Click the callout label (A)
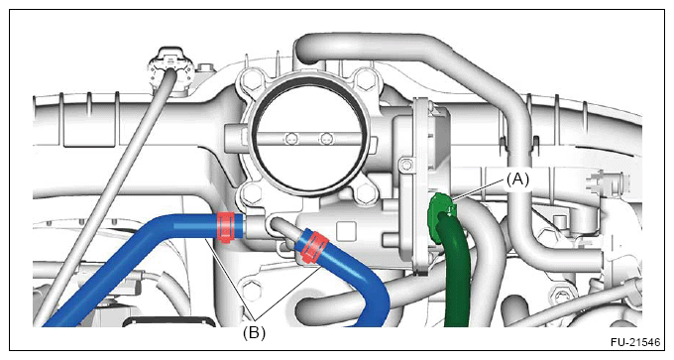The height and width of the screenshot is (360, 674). click(x=517, y=180)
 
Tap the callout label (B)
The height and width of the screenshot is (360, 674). click(x=254, y=332)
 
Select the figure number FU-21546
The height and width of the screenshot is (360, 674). click(x=635, y=342)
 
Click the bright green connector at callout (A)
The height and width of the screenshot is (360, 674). click(x=440, y=209)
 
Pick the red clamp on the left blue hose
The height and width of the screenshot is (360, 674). click(x=225, y=227)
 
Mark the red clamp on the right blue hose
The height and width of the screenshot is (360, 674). click(x=313, y=247)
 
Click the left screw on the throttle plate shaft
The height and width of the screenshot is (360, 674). click(x=291, y=139)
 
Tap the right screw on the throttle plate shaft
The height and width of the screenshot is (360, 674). click(x=326, y=139)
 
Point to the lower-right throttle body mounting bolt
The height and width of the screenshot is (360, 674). click(x=365, y=192)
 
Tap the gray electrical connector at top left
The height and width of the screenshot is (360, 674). click(x=171, y=66)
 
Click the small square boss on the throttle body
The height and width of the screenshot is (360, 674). click(x=347, y=231)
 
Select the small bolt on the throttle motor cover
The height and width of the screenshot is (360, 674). click(x=404, y=164)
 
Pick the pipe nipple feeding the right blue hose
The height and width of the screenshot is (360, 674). click(x=284, y=228)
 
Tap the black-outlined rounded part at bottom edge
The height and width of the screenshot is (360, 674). click(x=169, y=320)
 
